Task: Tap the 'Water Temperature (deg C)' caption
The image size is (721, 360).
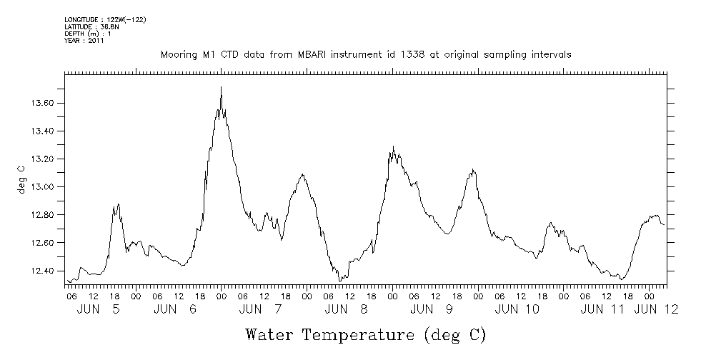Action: pos(365,334)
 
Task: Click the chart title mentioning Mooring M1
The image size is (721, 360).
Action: pos(365,55)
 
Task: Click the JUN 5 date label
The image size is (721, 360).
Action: pos(98,309)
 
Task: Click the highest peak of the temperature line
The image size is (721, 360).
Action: pos(221,87)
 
